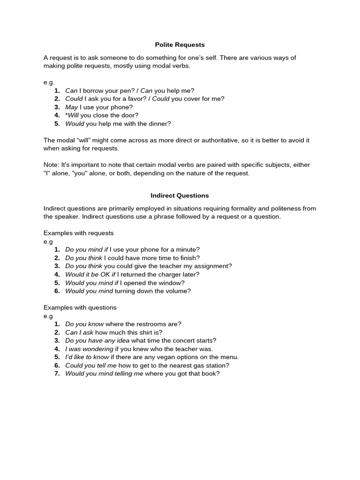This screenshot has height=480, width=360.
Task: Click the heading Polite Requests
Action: tap(180, 45)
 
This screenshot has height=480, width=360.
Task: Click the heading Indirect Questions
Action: tap(180, 195)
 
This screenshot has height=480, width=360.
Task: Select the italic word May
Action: tap(71, 107)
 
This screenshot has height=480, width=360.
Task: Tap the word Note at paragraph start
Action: tap(51, 165)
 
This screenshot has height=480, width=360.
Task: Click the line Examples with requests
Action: tap(78, 233)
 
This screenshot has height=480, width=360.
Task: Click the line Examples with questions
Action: tap(80, 307)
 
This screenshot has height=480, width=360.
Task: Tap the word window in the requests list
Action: tap(171, 283)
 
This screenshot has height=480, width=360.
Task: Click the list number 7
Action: tap(57, 374)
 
